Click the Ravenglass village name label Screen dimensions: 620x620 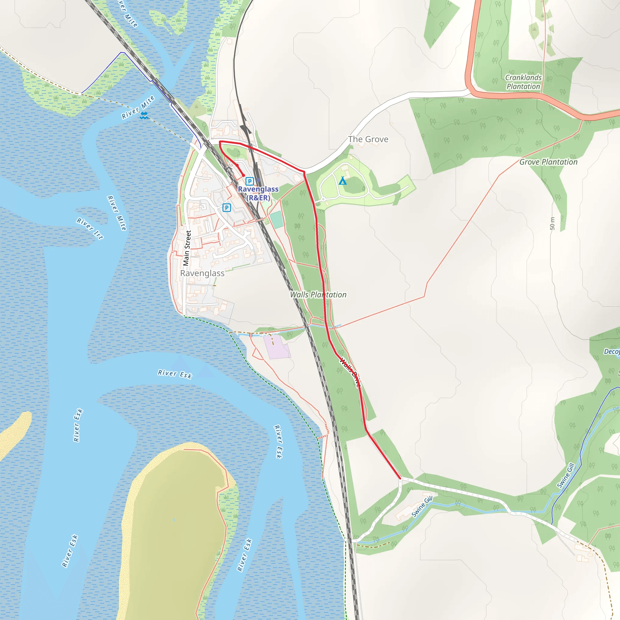coord(202,273)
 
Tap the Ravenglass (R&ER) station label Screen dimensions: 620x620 coord(258,193)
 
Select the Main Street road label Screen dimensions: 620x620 coord(187,248)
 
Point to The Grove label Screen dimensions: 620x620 coord(368,139)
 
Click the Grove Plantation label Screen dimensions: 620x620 coord(548,162)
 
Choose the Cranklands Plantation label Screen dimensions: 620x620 coord(523,82)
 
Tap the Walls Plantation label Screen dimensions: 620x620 coord(318,295)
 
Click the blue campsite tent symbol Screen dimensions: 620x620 coord(342,181)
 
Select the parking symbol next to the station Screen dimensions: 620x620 coord(250,181)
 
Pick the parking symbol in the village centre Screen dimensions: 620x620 coord(226,208)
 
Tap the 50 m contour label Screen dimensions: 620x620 coord(552,223)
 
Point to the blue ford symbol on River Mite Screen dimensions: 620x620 coord(144,116)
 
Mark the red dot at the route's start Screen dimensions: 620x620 coord(244,175)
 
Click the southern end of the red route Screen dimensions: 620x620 coord(400,478)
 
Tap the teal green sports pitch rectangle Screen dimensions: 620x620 coord(277,219)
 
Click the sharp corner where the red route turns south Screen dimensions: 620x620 coord(304,172)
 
